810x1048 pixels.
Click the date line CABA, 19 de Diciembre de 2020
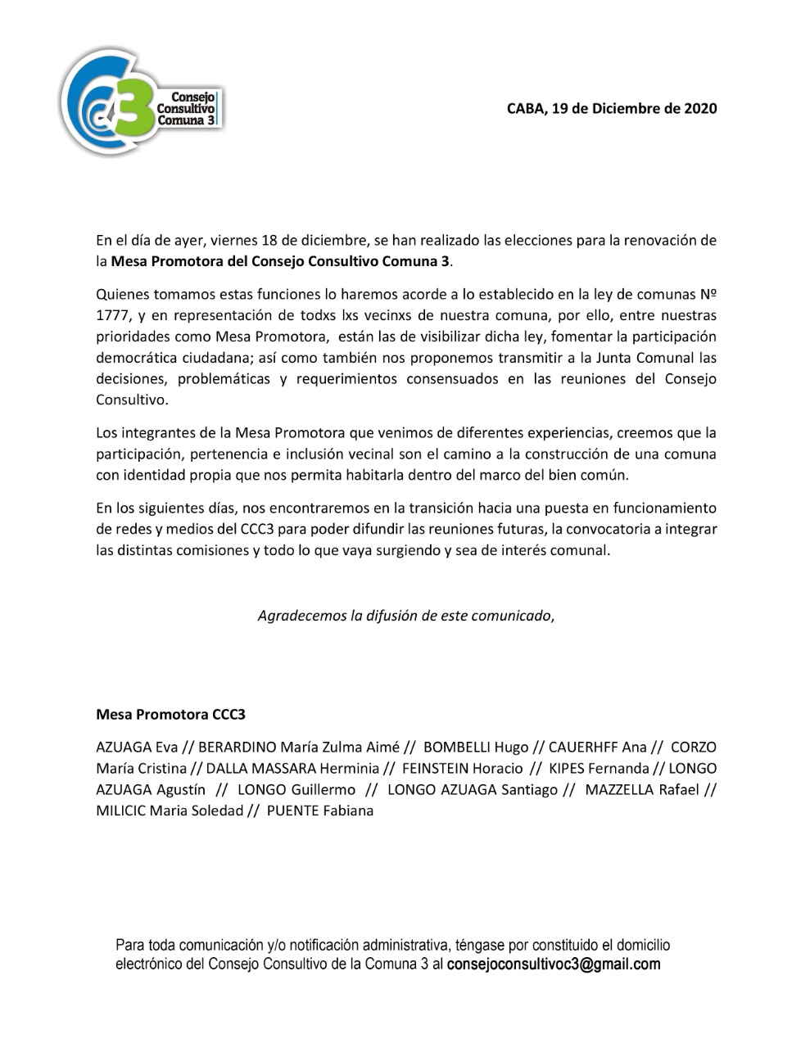click(x=612, y=108)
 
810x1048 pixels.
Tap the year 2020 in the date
click(x=700, y=108)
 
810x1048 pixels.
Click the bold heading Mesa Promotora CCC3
click(x=170, y=714)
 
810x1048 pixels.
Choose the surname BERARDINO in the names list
click(x=238, y=747)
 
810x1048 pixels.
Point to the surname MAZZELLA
click(x=619, y=789)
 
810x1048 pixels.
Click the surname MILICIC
click(x=121, y=811)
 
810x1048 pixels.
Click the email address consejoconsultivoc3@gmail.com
click(x=554, y=964)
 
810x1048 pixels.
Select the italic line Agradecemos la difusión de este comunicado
click(x=405, y=616)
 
